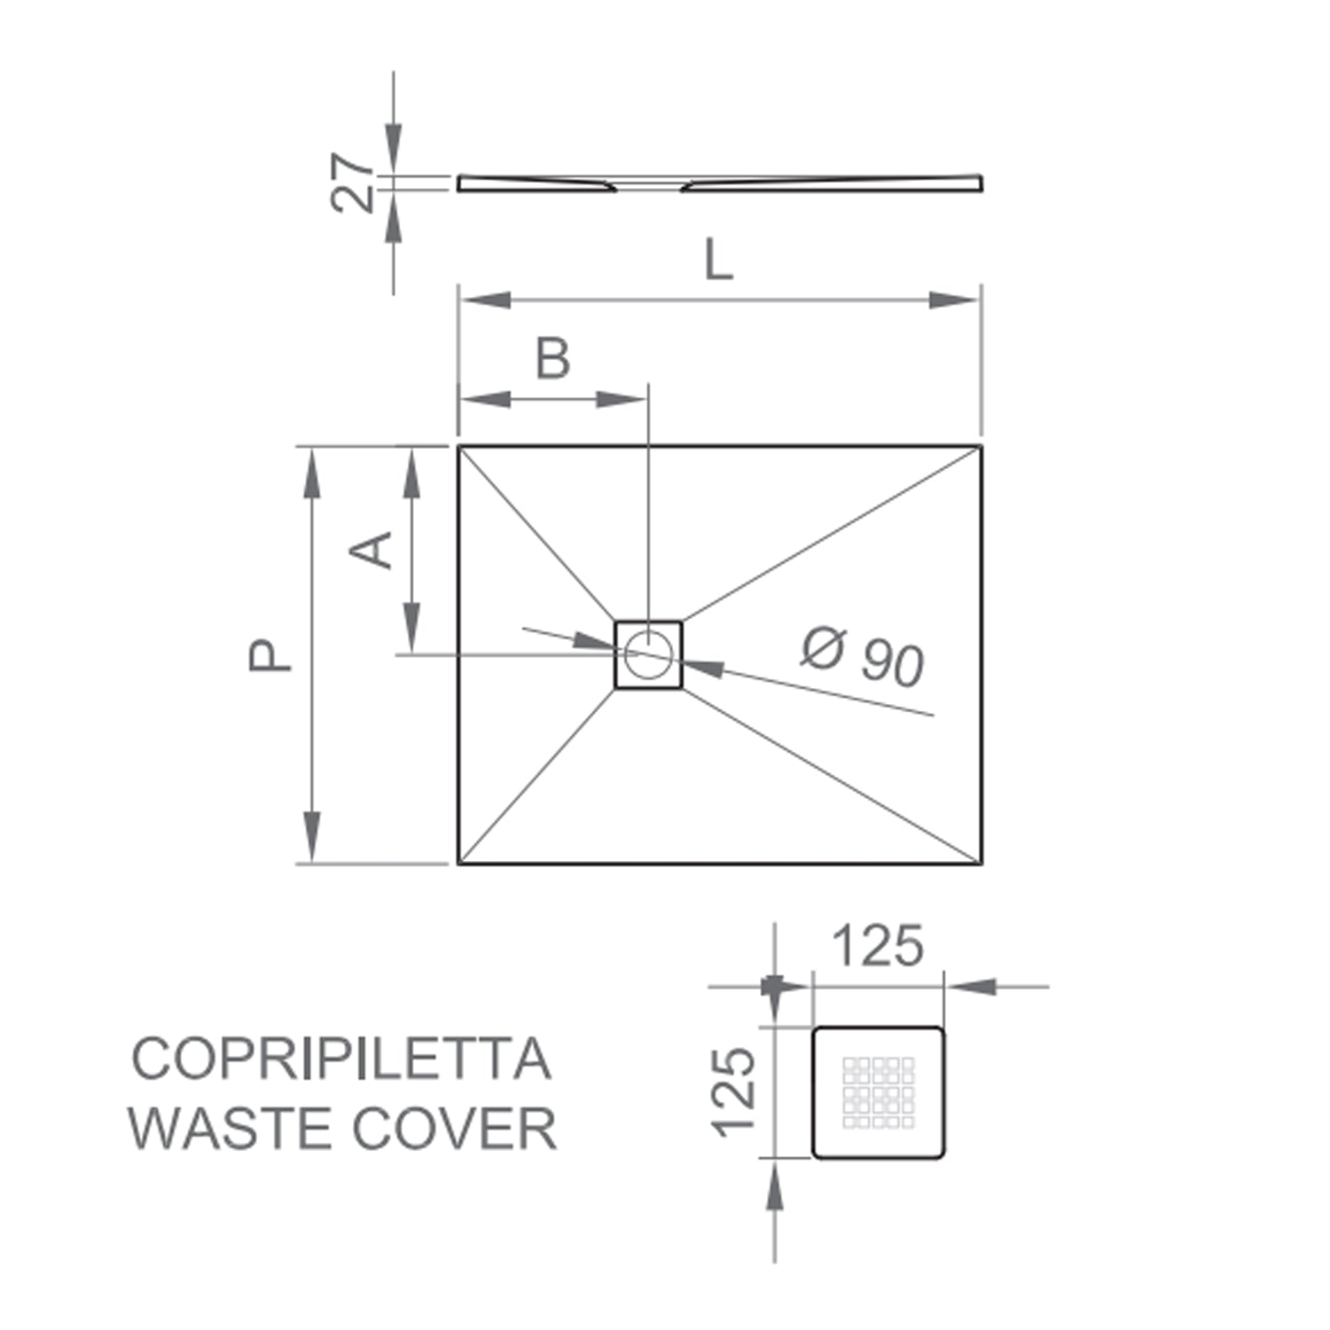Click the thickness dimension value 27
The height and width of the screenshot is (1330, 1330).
pyautogui.click(x=354, y=183)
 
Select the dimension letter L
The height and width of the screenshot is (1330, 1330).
pyautogui.click(x=718, y=261)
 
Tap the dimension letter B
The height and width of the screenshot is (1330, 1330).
pyautogui.click(x=553, y=359)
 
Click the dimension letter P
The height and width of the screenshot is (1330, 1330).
pyautogui.click(x=270, y=655)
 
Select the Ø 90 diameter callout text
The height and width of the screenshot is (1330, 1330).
pyautogui.click(x=862, y=656)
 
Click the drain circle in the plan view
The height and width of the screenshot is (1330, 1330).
pyautogui.click(x=648, y=654)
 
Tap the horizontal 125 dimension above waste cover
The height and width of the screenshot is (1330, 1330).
pyautogui.click(x=878, y=946)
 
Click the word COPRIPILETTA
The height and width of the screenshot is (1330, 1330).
pyautogui.click(x=341, y=1059)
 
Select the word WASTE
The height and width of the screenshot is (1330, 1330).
pyautogui.click(x=231, y=1129)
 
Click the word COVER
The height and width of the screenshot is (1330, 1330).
pyautogui.click(x=455, y=1129)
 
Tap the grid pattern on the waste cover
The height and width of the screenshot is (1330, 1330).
pyautogui.click(x=878, y=1092)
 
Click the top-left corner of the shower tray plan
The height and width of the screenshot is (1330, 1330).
pyautogui.click(x=459, y=447)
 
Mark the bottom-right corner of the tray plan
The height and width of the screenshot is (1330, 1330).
pyautogui.click(x=981, y=863)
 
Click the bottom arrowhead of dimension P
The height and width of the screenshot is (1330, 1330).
pyautogui.click(x=311, y=837)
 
